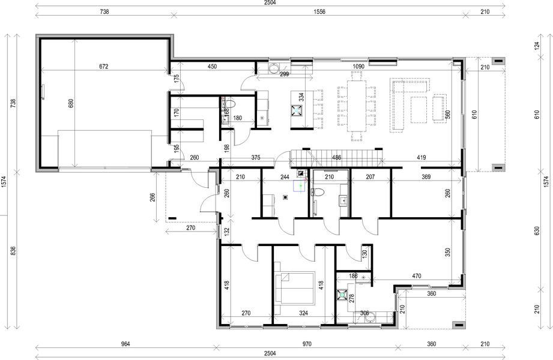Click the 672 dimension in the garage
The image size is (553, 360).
coord(104,67)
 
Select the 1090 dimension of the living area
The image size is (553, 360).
coord(358,67)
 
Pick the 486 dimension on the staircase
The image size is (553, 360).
coord(337,158)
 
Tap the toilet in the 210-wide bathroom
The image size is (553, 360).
coord(318,192)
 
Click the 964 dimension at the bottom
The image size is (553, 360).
coord(125,344)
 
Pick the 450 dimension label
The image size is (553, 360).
coord(213,67)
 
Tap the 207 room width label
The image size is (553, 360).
coord(370,176)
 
